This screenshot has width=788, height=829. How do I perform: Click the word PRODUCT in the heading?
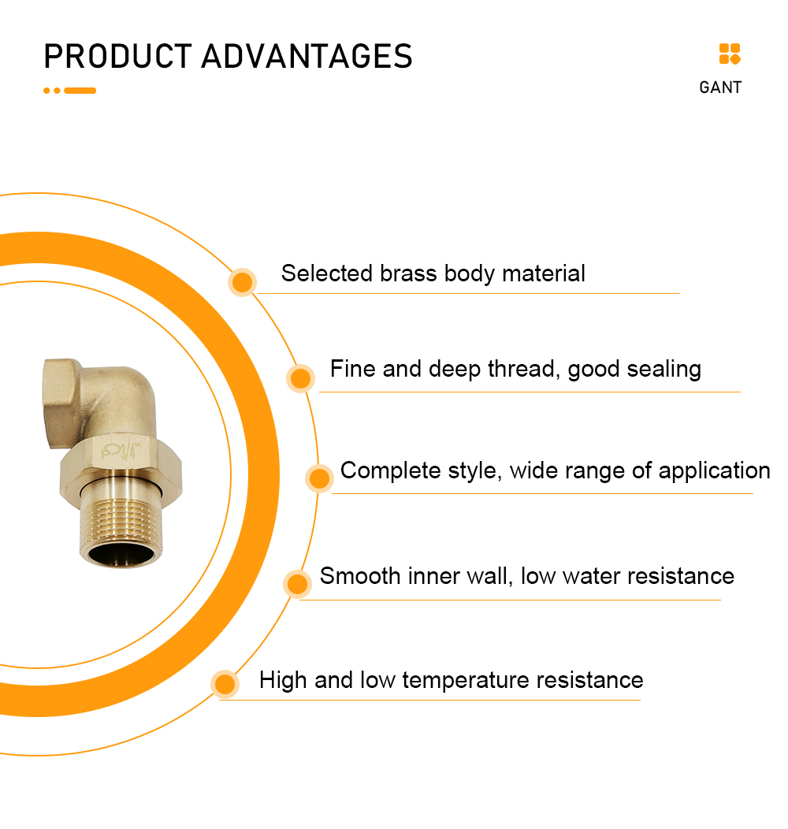[117, 56]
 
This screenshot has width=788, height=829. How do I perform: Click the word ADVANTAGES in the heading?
[307, 56]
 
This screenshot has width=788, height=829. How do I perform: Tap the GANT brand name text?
[720, 87]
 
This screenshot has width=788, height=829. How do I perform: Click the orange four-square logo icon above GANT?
[730, 54]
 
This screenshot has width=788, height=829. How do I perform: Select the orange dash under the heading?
[80, 91]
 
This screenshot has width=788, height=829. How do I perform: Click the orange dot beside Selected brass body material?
[242, 282]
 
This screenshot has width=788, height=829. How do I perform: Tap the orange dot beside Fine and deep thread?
[300, 378]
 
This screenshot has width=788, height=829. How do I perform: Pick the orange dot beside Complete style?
[319, 478]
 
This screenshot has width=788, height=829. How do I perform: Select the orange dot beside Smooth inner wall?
[297, 584]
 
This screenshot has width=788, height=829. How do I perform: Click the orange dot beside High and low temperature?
[225, 684]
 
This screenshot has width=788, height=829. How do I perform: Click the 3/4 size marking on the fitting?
[127, 452]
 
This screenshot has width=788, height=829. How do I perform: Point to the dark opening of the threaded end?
[121, 554]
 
